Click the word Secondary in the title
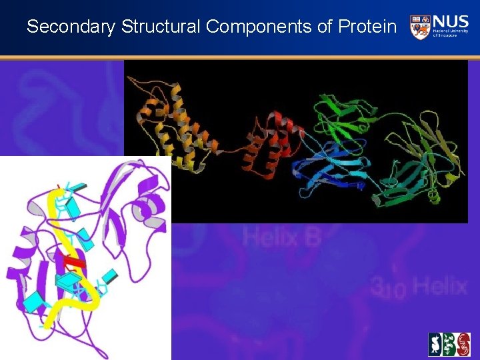point(71,27)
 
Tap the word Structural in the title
point(161,27)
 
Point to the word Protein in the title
point(367,27)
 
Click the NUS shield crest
point(420,26)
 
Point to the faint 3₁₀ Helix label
point(419,287)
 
